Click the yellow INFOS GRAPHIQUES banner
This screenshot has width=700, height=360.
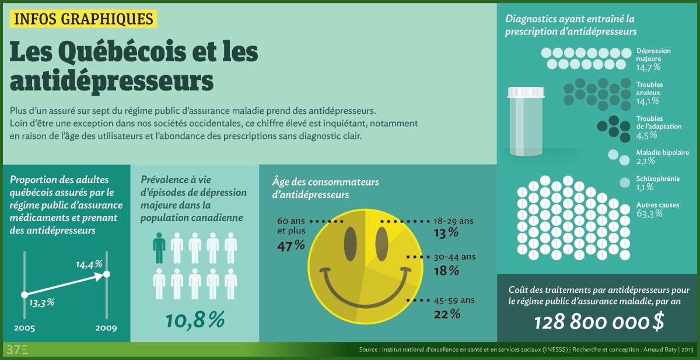[x=83, y=19]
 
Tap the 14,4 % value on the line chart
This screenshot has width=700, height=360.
[x=89, y=264]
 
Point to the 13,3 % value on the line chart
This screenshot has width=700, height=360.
[x=41, y=302]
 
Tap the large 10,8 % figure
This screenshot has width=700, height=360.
[x=194, y=319]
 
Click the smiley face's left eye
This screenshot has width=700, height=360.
[x=351, y=241]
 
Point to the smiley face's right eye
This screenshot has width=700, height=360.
[x=381, y=241]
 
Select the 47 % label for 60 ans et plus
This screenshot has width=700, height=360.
[x=290, y=246]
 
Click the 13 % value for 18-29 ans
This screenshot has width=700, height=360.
[x=446, y=233]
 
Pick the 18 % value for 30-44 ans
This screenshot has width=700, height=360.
[x=446, y=271]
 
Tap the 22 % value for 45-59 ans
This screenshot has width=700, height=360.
[x=447, y=314]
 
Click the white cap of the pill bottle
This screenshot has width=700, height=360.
[x=526, y=92]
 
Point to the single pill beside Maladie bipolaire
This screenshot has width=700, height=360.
[x=614, y=155]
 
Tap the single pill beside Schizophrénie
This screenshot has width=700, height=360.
[x=624, y=183]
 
